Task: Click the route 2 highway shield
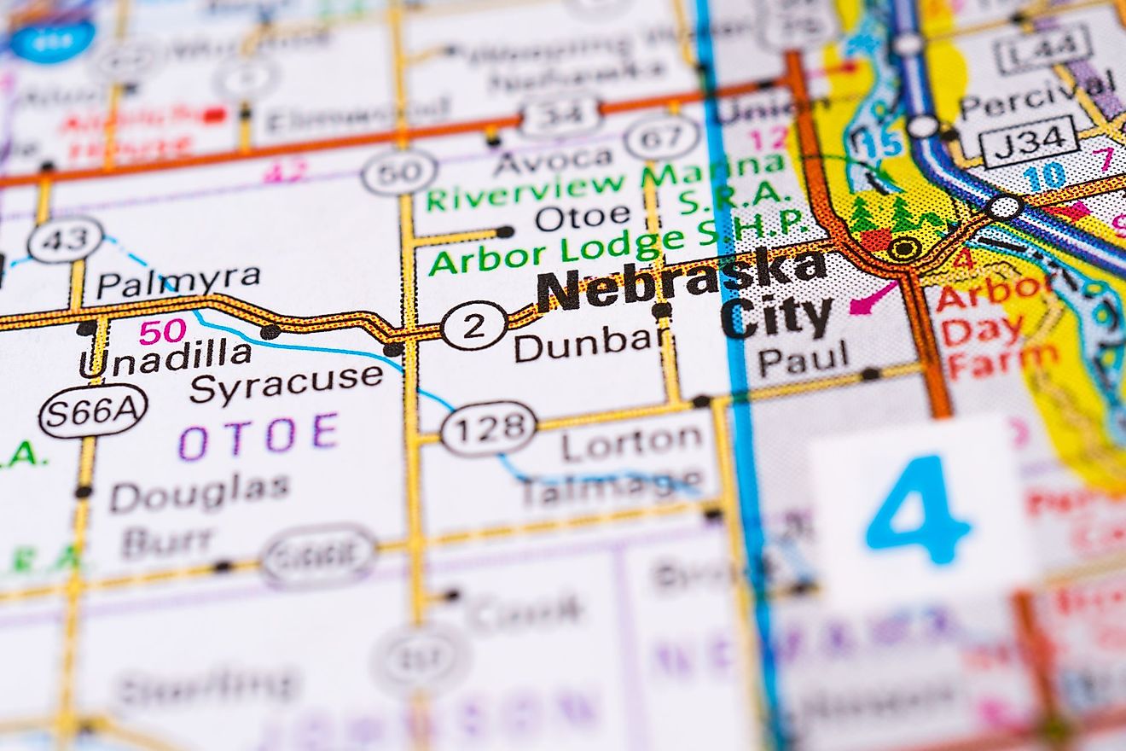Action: [x=474, y=325]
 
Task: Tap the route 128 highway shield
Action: [x=489, y=428]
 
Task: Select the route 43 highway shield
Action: [x=65, y=240]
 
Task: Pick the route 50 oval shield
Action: [x=398, y=172]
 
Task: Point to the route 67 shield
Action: [x=661, y=137]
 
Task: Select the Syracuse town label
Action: [x=286, y=381]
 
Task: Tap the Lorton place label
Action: [x=632, y=440]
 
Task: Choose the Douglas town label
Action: [x=200, y=492]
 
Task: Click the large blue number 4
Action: [x=918, y=509]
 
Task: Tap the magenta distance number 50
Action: [x=162, y=331]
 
